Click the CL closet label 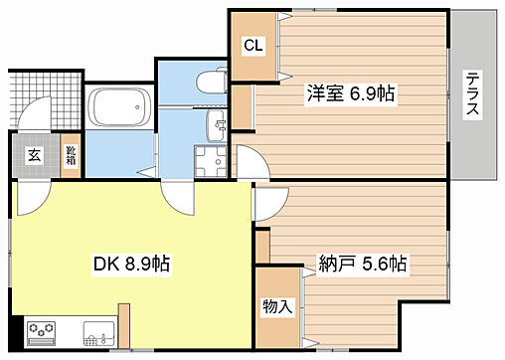253,46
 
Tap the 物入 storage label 277,306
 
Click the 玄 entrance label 35,154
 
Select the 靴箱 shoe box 71,155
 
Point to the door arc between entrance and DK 30,194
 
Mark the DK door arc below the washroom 179,195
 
